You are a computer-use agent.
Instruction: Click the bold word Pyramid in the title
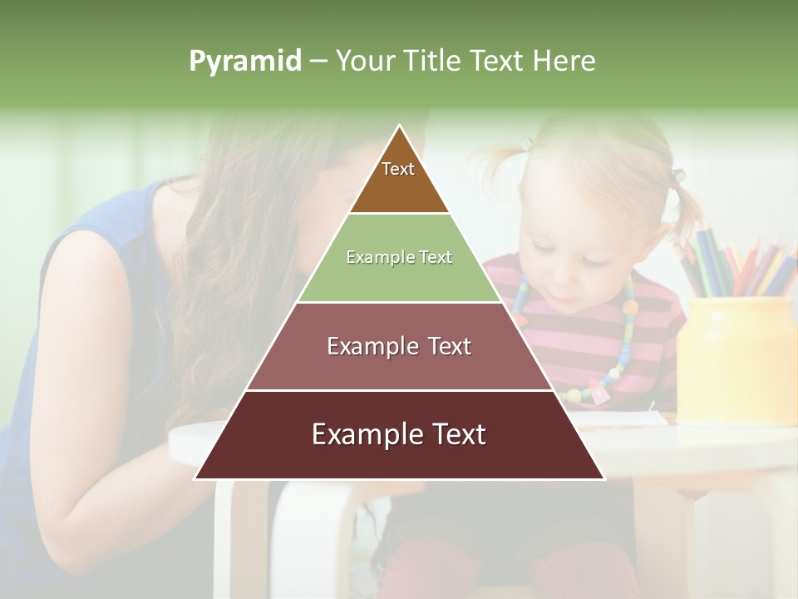click(x=244, y=61)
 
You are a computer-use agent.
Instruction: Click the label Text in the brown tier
click(x=398, y=169)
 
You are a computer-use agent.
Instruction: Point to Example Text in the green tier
click(x=399, y=257)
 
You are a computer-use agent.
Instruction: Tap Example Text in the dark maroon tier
click(x=399, y=434)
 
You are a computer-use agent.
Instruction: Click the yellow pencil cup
click(x=736, y=358)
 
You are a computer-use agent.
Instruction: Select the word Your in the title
click(x=363, y=61)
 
